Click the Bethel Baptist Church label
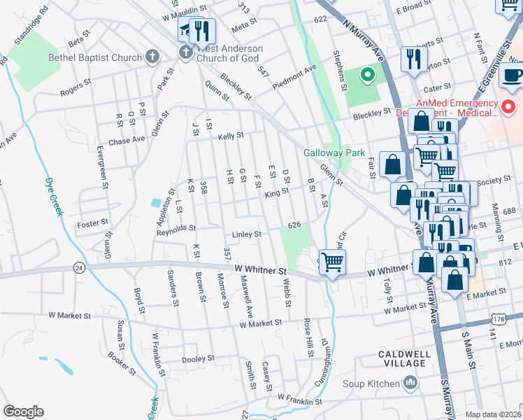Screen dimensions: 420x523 coord(94,57)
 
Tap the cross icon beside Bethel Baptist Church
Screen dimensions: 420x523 coord(152,57)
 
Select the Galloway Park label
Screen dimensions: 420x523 coord(324,153)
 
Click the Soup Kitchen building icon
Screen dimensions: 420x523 coord(410,383)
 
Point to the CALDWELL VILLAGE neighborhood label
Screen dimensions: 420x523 coord(402,358)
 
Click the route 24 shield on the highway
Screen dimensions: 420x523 coord(79,267)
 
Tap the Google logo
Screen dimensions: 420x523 coord(23,412)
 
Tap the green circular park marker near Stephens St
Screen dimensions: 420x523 coord(366,74)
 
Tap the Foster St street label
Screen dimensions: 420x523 coord(94,223)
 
